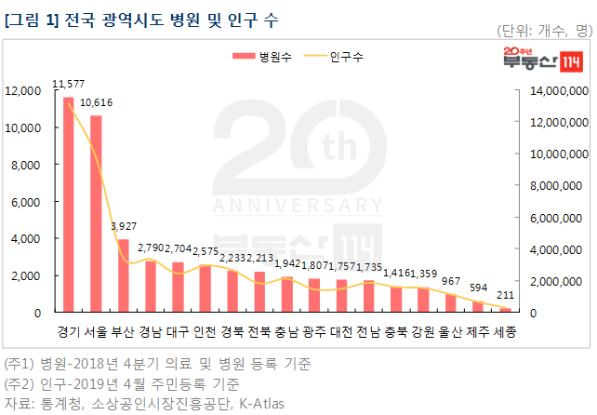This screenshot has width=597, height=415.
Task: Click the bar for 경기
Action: [68, 205]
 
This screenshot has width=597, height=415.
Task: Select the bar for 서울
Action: [96, 214]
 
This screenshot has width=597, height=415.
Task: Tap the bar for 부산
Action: [123, 275]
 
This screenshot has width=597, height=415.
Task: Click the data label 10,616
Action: [98, 102]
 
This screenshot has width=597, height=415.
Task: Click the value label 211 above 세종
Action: [506, 297]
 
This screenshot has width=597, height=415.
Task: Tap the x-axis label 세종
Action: [506, 332]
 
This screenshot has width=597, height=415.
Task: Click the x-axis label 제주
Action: [478, 332]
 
